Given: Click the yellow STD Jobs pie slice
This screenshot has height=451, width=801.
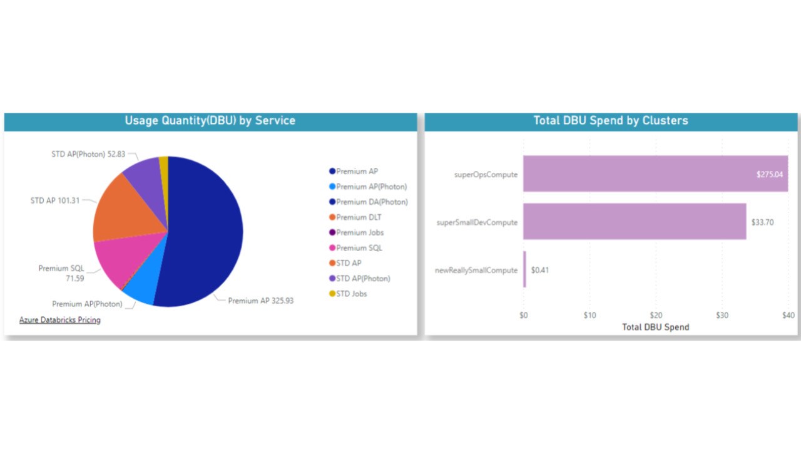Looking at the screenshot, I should [x=164, y=166].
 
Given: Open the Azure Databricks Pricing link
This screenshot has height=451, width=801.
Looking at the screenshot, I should [x=60, y=320].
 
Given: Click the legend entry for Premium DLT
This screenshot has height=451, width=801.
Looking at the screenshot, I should [x=359, y=217].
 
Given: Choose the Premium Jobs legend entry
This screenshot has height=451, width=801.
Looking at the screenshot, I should [x=360, y=232].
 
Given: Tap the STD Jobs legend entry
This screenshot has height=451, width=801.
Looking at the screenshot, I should [x=351, y=294].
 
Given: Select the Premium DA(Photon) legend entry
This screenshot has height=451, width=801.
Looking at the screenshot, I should [x=372, y=202].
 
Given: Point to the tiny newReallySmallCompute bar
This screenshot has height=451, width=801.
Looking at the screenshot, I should [x=524, y=269].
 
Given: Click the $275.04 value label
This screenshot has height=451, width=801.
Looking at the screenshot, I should [x=769, y=174].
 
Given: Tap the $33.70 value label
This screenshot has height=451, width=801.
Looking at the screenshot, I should [x=762, y=222].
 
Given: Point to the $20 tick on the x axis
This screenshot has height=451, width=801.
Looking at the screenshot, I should [x=656, y=315].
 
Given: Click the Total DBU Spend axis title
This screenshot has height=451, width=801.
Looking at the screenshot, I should [x=655, y=327].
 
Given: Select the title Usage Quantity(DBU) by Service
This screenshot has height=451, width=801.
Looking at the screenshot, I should [x=210, y=120].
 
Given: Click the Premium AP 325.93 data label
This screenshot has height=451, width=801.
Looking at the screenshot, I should [x=260, y=301].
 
